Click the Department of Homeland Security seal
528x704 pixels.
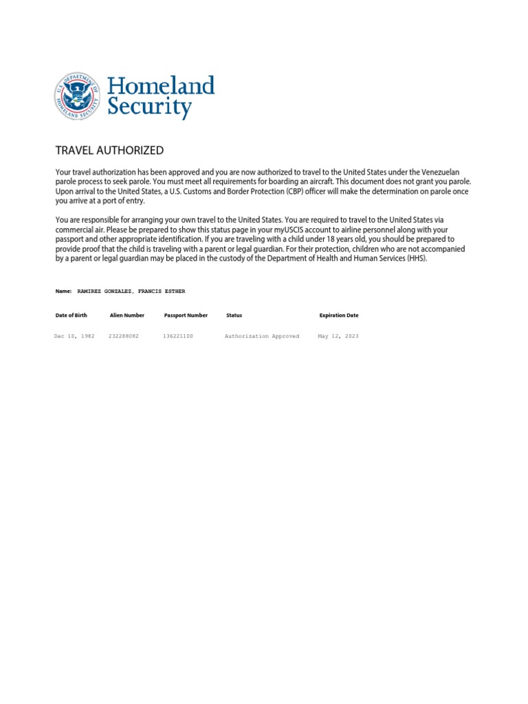tap(78, 96)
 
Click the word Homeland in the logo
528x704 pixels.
tap(161, 86)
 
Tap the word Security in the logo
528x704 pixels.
tap(149, 108)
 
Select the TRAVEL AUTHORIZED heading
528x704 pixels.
tap(109, 151)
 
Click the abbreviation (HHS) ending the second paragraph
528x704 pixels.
tap(416, 258)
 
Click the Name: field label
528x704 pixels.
tap(63, 291)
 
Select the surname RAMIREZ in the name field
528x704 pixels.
tap(89, 291)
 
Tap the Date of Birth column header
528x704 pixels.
tap(71, 316)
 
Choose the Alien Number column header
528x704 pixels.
tap(127, 316)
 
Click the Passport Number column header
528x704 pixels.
tap(186, 316)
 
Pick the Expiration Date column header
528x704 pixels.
tap(339, 316)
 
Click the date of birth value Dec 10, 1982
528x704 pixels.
tap(74, 336)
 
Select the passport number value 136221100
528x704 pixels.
tap(178, 336)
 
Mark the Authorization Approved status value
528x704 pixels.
tap(262, 336)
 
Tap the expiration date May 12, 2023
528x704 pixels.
tap(338, 336)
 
